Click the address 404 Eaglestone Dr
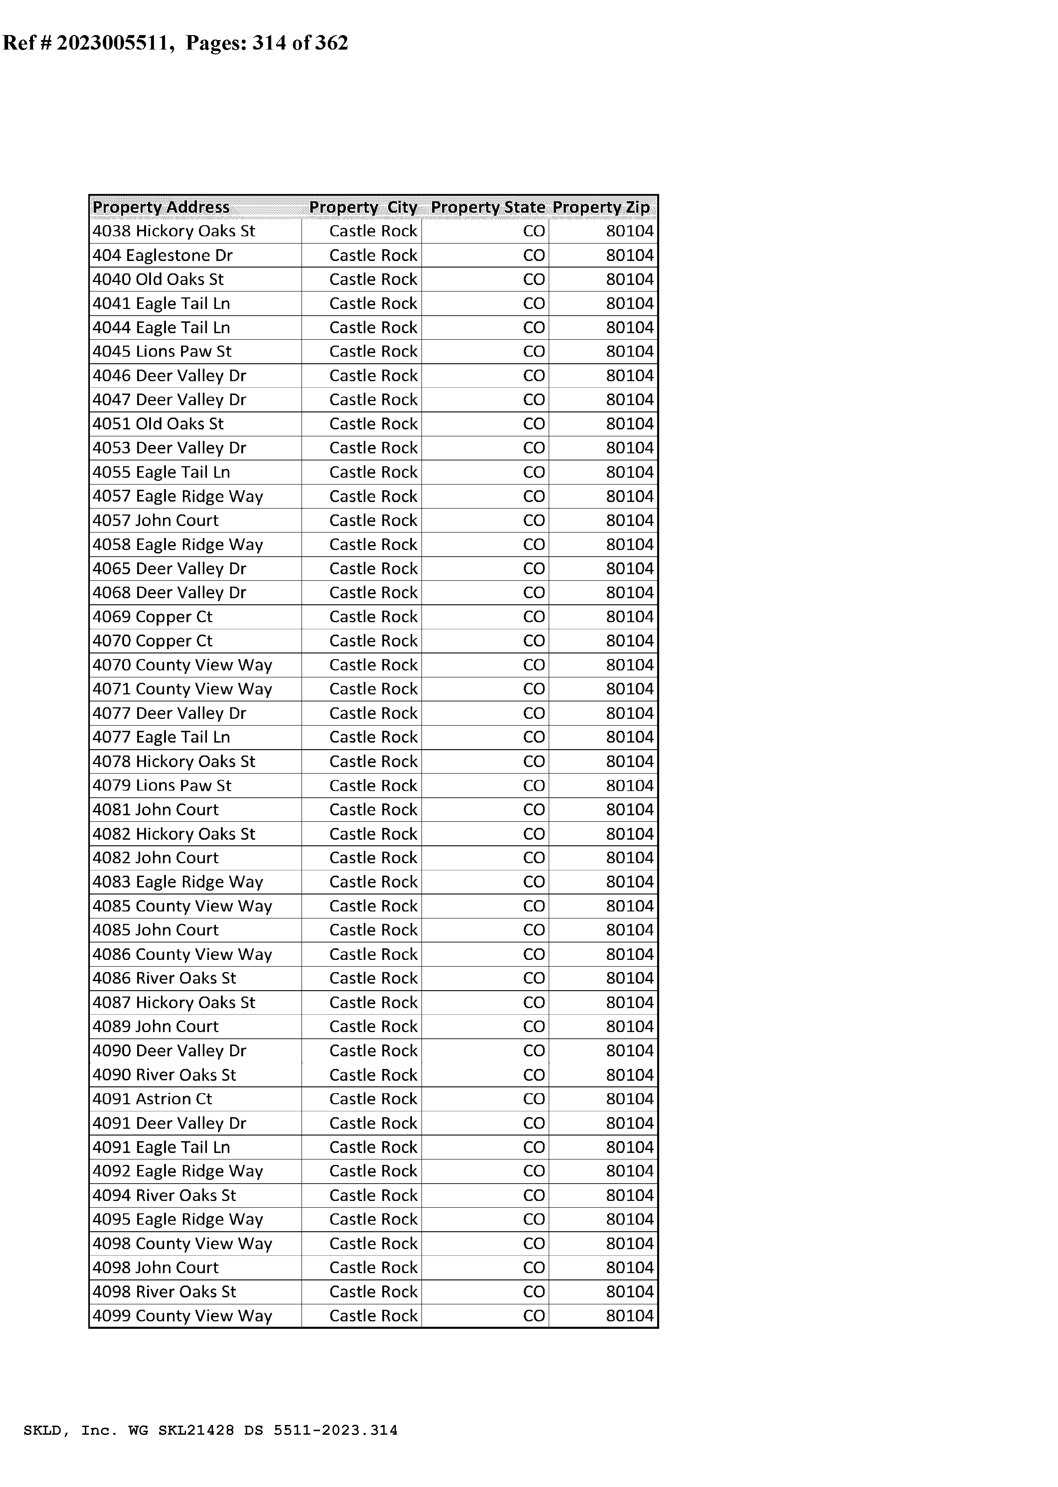(x=162, y=255)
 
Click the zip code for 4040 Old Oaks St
(x=629, y=280)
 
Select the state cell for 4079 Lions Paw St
(x=534, y=786)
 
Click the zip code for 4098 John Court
(x=629, y=1267)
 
